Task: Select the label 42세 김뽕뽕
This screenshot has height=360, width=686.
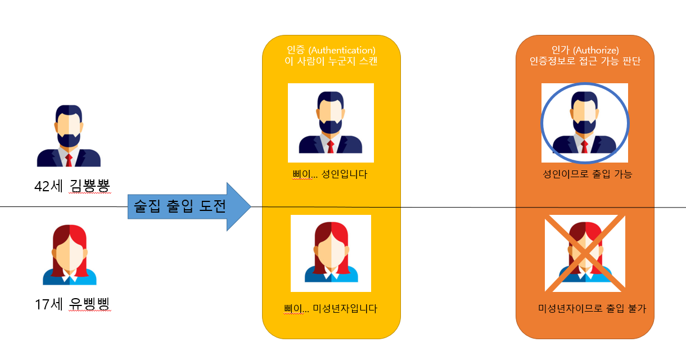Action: pyautogui.click(x=72, y=186)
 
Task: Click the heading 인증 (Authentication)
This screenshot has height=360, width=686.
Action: pyautogui.click(x=331, y=50)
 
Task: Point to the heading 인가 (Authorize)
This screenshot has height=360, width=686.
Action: pyautogui.click(x=585, y=50)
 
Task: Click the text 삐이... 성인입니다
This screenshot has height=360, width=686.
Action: pyautogui.click(x=326, y=174)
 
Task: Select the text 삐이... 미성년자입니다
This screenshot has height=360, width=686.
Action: pyautogui.click(x=331, y=308)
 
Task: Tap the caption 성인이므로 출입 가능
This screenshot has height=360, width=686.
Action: pyautogui.click(x=584, y=174)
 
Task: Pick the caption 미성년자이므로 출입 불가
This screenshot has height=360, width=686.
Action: pyautogui.click(x=588, y=308)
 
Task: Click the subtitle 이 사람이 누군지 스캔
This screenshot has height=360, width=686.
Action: pyautogui.click(x=331, y=61)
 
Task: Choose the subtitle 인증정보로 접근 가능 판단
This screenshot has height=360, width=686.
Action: pyautogui.click(x=585, y=61)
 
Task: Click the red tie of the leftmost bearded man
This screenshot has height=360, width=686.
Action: pyautogui.click(x=69, y=160)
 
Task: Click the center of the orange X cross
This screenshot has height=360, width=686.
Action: pyautogui.click(x=585, y=254)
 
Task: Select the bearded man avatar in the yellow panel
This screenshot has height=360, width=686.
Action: pyautogui.click(x=331, y=123)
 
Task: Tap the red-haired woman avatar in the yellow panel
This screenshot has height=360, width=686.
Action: pyautogui.click(x=331, y=253)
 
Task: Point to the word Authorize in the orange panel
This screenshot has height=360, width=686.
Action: pyautogui.click(x=598, y=50)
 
